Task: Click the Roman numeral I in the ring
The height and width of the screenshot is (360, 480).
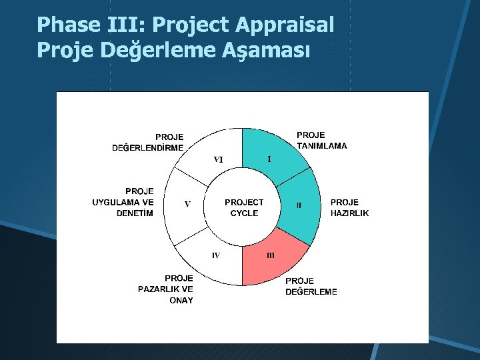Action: click(269, 159)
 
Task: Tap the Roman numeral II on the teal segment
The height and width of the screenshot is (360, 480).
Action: click(299, 205)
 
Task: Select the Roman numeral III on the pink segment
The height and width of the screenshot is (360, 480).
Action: click(271, 255)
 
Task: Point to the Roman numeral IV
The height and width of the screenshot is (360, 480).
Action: click(216, 255)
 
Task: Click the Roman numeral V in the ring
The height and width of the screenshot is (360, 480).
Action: click(187, 205)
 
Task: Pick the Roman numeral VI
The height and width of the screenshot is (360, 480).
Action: click(218, 159)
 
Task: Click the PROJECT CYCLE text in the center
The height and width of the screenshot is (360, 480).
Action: click(244, 207)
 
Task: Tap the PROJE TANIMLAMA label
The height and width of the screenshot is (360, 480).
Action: click(321, 140)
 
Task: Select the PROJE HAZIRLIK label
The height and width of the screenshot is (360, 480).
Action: click(349, 207)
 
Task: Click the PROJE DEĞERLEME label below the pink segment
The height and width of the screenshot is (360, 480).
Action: click(311, 286)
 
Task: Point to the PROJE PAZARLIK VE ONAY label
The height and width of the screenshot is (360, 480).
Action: click(166, 289)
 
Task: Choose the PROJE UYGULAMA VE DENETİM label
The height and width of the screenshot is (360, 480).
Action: click(123, 202)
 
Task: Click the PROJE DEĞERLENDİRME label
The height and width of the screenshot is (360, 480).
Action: click(148, 143)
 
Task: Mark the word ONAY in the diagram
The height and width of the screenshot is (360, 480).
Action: click(181, 301)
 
